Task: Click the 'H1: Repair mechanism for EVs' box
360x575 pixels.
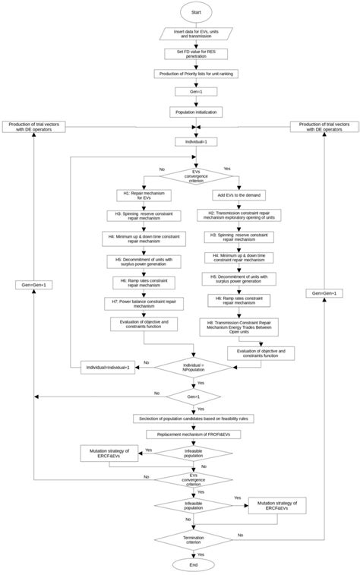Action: click(x=144, y=196)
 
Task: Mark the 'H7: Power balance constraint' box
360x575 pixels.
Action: click(x=144, y=303)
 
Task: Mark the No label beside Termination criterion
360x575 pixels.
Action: click(x=240, y=535)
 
